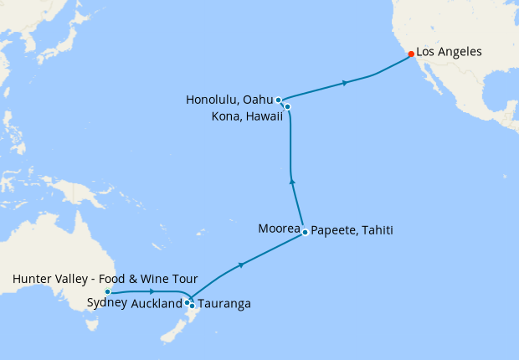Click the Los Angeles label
[x=449, y=52]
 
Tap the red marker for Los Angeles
[x=410, y=54]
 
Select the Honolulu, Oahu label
[x=229, y=100]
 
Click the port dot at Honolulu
[x=278, y=100]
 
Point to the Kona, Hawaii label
[x=241, y=115]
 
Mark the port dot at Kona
[x=287, y=106]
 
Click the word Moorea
[x=279, y=229]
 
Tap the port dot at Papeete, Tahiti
[x=306, y=232]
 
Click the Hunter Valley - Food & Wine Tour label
[x=105, y=279]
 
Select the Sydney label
[x=106, y=303]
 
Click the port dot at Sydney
[x=107, y=291]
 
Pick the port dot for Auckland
[x=188, y=302]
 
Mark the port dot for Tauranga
[x=193, y=306]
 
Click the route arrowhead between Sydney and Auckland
[x=151, y=291]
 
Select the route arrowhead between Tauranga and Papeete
[x=241, y=265]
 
